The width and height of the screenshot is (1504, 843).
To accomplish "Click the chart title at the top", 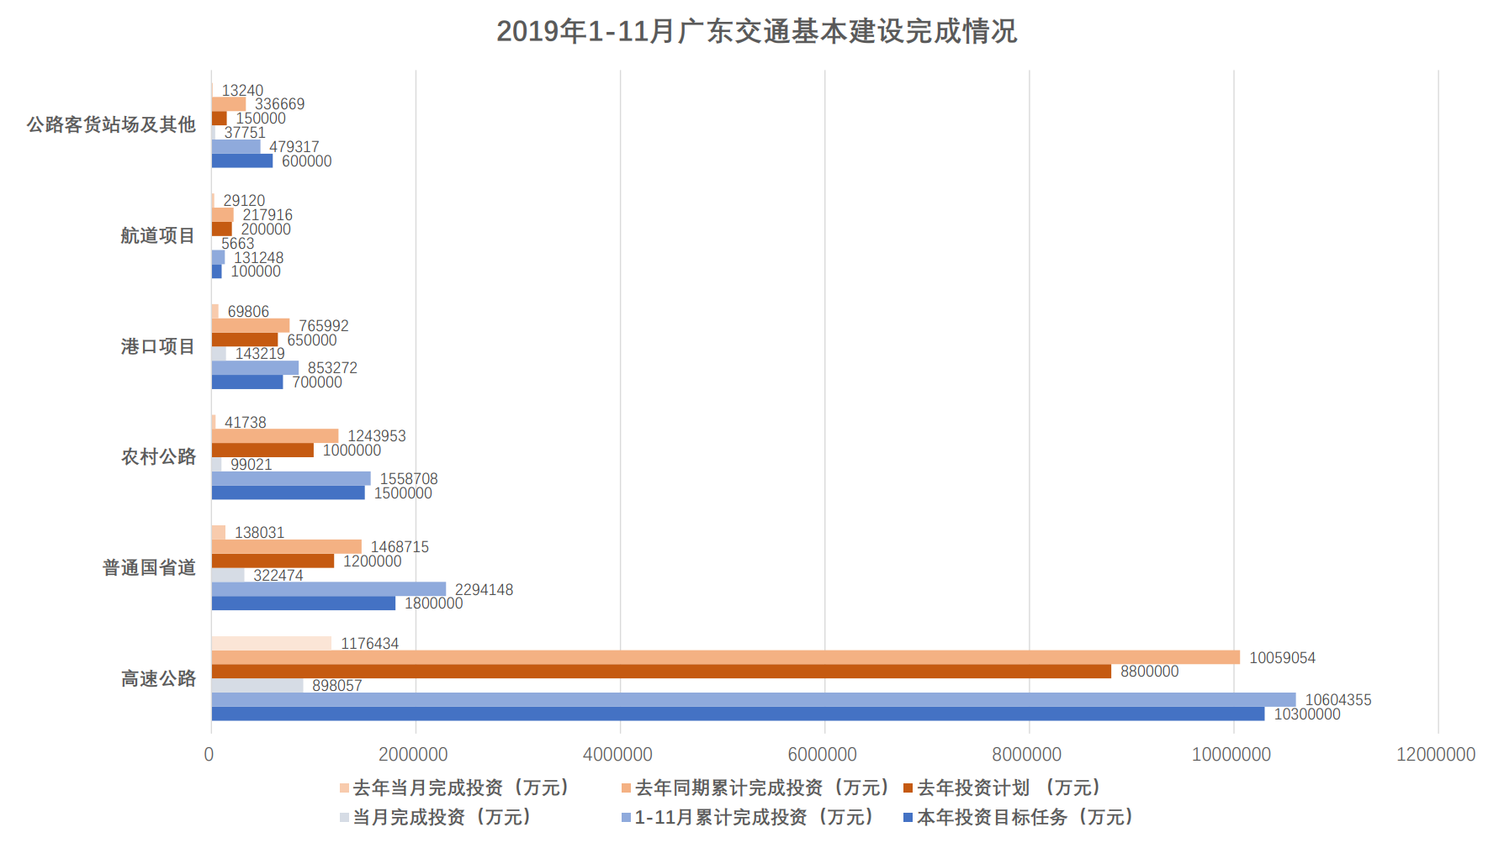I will [x=756, y=32].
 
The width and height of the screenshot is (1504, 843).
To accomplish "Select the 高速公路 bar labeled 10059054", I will [x=725, y=657].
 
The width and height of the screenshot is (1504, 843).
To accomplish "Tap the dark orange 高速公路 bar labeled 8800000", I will [x=661, y=672].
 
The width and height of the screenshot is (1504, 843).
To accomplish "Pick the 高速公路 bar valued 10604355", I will [x=754, y=700].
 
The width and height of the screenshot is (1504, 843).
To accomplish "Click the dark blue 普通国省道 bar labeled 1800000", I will [x=303, y=603].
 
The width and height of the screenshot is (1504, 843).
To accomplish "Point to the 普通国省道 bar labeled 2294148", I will [x=328, y=589].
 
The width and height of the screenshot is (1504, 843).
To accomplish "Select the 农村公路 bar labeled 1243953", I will [x=274, y=436].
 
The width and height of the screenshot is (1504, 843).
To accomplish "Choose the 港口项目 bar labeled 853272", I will [x=255, y=368].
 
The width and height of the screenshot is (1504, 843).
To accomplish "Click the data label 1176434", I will [x=369, y=644].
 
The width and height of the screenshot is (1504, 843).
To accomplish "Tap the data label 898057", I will [x=336, y=686].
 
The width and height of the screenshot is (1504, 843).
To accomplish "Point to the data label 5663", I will [x=237, y=244].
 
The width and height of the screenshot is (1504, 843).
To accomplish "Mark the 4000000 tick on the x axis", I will [x=617, y=755].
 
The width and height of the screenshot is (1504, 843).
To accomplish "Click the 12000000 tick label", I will [x=1435, y=755].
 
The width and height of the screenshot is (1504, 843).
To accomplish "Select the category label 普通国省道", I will [x=149, y=568].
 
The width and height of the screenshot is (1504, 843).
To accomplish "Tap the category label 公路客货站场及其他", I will [x=111, y=125].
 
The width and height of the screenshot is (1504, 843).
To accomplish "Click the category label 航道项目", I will [x=157, y=236].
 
